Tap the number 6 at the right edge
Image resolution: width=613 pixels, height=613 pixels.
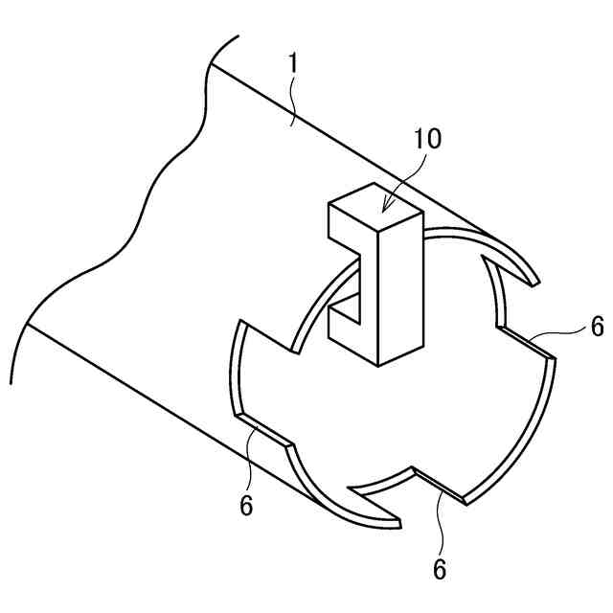coord(597,328)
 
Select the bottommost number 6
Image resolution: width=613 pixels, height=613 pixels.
coord(440,569)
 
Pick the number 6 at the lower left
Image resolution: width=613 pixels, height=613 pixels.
coord(247,505)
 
